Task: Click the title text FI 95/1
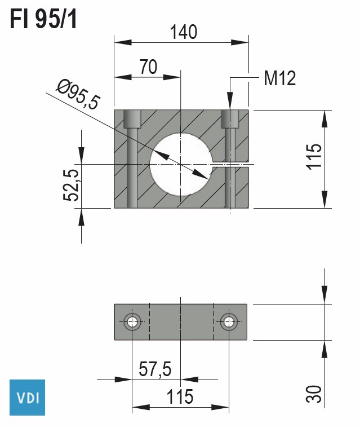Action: (x=43, y=20)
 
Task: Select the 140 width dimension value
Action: (x=184, y=32)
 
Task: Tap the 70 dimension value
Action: (x=148, y=67)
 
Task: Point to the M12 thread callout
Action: (x=279, y=78)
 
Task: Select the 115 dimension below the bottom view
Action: (x=180, y=397)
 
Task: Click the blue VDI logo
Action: (x=28, y=397)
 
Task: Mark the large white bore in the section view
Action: (x=180, y=164)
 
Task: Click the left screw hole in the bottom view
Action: (x=132, y=322)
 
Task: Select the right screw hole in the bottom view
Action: (x=229, y=322)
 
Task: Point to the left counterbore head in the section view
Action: (x=132, y=119)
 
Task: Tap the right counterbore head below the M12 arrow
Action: (x=230, y=118)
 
